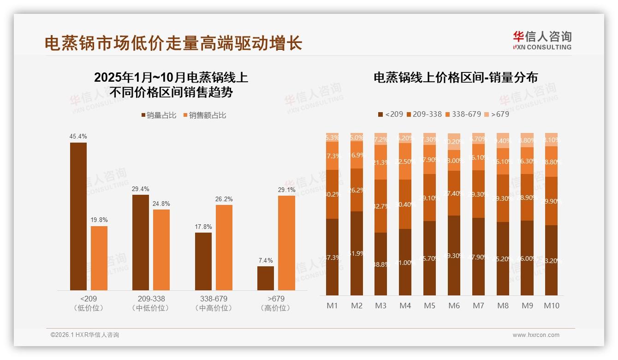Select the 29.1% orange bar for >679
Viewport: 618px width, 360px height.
286,243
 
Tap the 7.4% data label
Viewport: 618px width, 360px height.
266,260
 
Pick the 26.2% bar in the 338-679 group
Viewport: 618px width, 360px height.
224,247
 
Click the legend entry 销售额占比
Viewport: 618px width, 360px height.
205,115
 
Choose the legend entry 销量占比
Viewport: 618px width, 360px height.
158,115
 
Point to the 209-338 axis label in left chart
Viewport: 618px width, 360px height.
151,299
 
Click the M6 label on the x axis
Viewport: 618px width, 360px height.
454,306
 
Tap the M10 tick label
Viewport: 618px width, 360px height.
552,306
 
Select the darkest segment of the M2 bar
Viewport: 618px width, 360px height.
357,253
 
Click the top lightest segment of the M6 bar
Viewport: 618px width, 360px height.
454,142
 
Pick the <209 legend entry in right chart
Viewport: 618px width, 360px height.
390,114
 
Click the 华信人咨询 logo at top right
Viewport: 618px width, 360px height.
542,40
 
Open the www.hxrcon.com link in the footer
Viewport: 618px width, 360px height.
536,335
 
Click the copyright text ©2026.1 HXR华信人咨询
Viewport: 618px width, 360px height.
84,335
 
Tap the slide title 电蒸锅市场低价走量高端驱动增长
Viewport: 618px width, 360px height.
173,43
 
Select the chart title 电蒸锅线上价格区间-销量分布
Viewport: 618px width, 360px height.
456,78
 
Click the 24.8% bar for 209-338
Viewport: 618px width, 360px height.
161,250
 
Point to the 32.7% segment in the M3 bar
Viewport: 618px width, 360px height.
381,206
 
